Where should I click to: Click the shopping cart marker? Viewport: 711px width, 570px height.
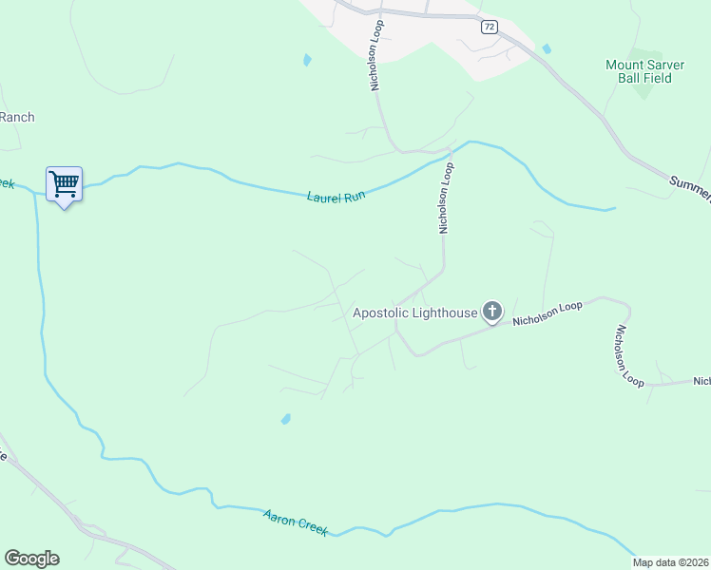tap(64, 183)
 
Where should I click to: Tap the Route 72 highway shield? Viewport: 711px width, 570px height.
tap(489, 27)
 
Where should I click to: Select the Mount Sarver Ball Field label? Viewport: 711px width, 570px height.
tap(639, 71)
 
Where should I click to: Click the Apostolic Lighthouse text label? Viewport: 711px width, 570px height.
tap(415, 312)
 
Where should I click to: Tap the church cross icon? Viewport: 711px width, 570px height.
tap(492, 311)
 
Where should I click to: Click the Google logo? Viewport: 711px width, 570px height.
tap(31, 559)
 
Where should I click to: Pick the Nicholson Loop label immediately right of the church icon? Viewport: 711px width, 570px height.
tap(547, 314)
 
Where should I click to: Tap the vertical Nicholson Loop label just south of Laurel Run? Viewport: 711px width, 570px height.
tap(446, 197)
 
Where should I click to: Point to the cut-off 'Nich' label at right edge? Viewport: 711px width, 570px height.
tap(701, 381)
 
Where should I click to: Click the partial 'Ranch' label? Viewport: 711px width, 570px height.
tap(17, 118)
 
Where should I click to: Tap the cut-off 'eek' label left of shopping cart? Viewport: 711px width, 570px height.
tap(8, 182)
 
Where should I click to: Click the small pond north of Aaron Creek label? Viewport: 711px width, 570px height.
tap(285, 419)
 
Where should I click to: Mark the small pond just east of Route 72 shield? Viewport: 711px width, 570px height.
tap(546, 48)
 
